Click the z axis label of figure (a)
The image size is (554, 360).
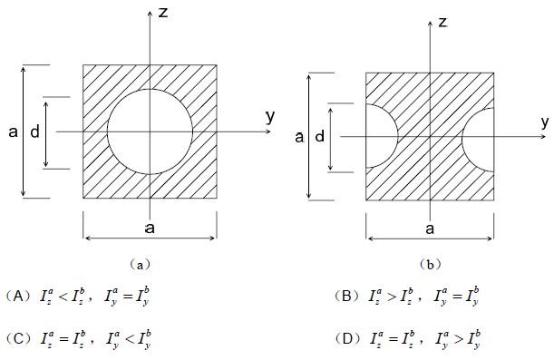[x=163, y=13]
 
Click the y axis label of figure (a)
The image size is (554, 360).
[x=270, y=117]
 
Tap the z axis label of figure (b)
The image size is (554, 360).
[x=442, y=23]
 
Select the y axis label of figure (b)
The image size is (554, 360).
[x=545, y=122]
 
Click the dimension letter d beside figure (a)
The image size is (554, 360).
[x=35, y=131]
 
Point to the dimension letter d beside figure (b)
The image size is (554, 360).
[x=320, y=136]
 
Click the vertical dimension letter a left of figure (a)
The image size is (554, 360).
[x=13, y=132]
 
